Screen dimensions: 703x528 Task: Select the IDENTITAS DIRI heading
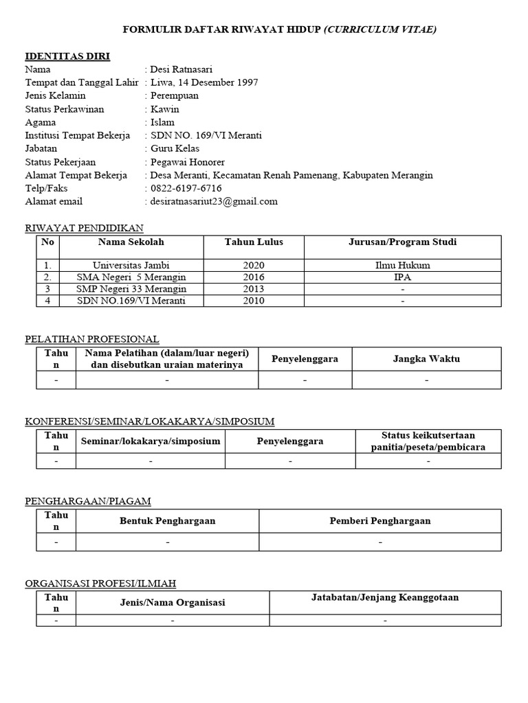(x=67, y=56)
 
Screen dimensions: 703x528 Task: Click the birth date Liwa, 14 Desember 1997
(x=203, y=82)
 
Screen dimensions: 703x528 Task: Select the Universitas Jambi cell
(x=131, y=265)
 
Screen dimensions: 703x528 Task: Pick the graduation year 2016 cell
(x=253, y=277)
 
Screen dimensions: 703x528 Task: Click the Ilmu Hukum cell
(x=402, y=265)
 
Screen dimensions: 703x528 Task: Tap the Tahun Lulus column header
(x=253, y=242)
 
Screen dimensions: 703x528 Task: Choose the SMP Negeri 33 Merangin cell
(x=131, y=288)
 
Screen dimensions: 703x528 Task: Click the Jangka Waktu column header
(x=426, y=358)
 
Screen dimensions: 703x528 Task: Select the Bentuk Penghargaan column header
(x=167, y=520)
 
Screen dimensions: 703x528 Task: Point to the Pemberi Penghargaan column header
(x=380, y=520)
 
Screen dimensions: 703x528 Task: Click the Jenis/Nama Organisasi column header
(x=172, y=602)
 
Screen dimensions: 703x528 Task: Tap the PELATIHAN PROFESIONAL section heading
(x=92, y=338)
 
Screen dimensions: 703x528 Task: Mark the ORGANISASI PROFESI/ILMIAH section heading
(x=100, y=583)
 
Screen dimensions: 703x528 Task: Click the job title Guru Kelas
(x=175, y=148)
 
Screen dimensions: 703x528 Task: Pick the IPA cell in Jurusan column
(x=402, y=277)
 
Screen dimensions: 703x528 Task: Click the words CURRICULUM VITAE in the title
(x=380, y=29)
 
